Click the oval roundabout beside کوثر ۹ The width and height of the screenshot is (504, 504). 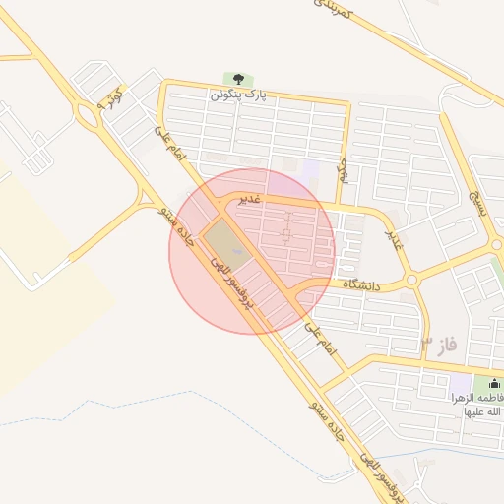tap(89, 117)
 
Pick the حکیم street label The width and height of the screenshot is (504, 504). tap(344, 171)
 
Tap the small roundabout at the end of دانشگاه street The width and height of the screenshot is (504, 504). tap(411, 280)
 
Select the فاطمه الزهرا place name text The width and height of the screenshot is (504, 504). tap(478, 404)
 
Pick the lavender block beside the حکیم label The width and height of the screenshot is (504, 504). tap(311, 169)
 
